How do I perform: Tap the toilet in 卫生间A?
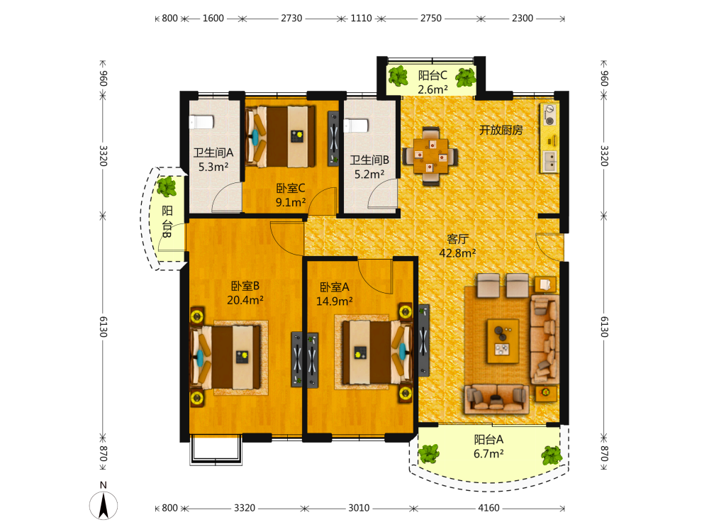(x=201, y=122)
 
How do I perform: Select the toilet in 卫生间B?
(x=356, y=126)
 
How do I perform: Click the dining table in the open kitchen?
(x=430, y=156)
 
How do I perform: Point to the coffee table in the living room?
(x=503, y=340)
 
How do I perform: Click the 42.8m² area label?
(x=457, y=253)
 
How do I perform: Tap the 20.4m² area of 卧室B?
(x=245, y=300)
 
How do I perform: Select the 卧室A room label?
(x=335, y=287)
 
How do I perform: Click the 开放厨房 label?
(x=501, y=131)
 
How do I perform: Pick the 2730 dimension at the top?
(x=291, y=18)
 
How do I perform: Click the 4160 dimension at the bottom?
(x=489, y=508)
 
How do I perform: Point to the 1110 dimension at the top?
(x=362, y=18)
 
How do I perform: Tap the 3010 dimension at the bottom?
(x=359, y=508)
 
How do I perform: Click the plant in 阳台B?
(x=167, y=187)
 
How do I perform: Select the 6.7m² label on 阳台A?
(x=489, y=454)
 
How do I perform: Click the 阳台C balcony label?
(x=432, y=75)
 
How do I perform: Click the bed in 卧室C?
(x=281, y=137)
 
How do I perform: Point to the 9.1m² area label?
(x=291, y=202)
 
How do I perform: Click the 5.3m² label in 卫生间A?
(x=213, y=167)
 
